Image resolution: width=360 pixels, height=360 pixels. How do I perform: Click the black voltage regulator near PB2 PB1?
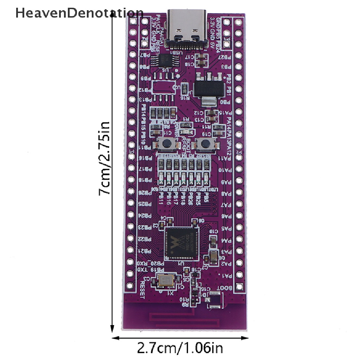205,88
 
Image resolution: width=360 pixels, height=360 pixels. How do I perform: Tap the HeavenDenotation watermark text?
79,13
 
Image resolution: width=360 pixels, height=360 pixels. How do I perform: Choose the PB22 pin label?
144,239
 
